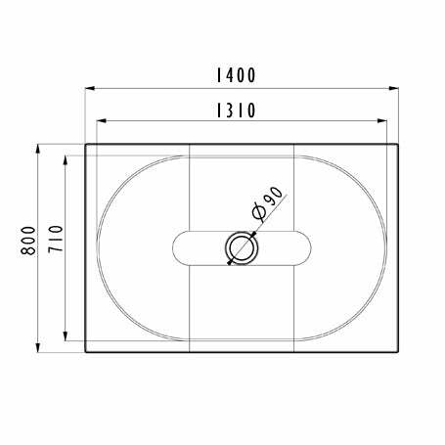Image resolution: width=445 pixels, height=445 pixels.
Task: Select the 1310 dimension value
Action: (x=236, y=110)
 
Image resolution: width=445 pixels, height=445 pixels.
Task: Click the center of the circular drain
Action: (x=242, y=248)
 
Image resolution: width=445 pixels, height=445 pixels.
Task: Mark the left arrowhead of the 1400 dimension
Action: (x=89, y=89)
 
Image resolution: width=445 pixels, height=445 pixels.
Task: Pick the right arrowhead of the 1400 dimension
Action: (x=396, y=89)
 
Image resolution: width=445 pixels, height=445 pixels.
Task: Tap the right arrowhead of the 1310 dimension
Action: (x=384, y=122)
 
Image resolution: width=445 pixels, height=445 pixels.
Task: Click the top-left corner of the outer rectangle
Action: (x=85, y=145)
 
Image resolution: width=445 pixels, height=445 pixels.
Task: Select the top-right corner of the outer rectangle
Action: (x=400, y=145)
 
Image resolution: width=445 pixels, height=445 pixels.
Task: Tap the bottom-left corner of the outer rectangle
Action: (x=85, y=352)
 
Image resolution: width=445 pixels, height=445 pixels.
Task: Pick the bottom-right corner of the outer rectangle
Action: (x=400, y=352)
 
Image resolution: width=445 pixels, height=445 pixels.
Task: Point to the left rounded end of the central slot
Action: (x=173, y=248)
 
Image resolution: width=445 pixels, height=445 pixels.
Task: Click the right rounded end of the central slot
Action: (x=311, y=248)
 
